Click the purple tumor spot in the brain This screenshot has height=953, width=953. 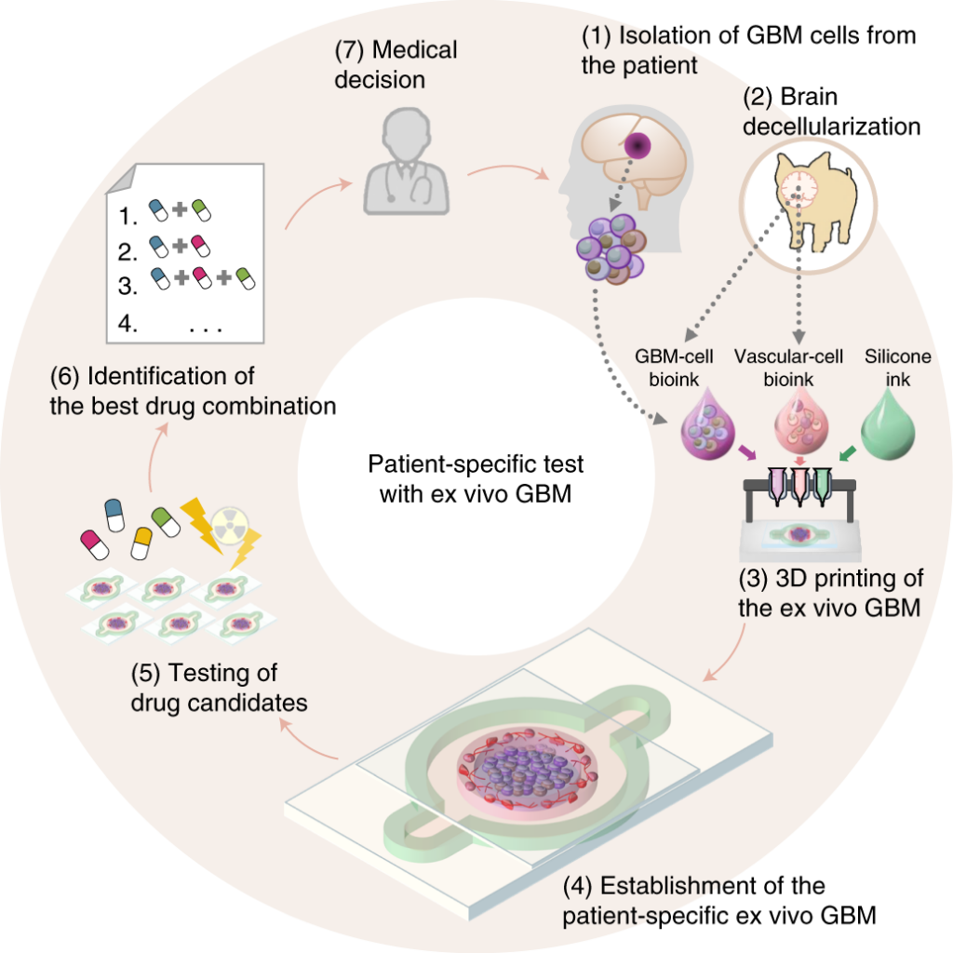tap(638, 145)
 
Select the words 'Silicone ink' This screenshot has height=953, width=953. tap(897, 368)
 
